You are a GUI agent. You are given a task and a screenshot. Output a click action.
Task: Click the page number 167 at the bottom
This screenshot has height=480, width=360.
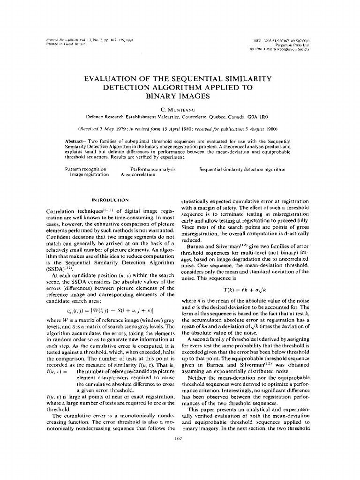coord(177,438)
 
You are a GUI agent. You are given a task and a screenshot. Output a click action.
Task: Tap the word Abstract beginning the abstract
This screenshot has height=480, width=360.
coord(75,141)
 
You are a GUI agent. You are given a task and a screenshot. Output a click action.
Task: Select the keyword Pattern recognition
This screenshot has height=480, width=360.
coord(85,169)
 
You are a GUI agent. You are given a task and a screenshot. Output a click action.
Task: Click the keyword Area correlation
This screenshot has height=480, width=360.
coord(138,174)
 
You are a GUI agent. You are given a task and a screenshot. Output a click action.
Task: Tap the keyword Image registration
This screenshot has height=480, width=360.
coord(89,174)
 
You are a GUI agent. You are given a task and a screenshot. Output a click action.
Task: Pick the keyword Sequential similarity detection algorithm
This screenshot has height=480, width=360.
coord(242,169)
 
